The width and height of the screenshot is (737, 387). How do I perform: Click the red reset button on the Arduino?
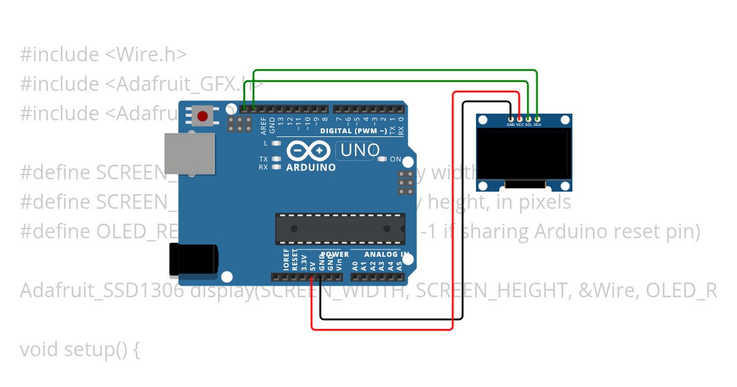tap(203, 115)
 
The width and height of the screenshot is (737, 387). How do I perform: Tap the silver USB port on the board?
tap(189, 155)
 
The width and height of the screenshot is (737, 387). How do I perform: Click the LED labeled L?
tap(276, 143)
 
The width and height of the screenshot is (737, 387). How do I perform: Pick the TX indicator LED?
tap(276, 158)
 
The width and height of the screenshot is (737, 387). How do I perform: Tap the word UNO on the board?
tap(360, 150)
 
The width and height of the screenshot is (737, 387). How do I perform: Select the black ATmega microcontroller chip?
tap(340, 229)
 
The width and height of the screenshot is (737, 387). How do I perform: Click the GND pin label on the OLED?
tap(510, 125)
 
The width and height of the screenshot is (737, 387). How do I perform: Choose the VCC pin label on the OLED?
tap(520, 125)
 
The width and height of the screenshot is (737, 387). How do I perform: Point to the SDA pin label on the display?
tap(537, 125)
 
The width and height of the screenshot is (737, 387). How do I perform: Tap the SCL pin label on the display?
tap(528, 125)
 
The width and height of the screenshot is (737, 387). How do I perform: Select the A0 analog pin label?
tap(355, 266)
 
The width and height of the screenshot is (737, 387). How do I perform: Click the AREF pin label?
tap(263, 125)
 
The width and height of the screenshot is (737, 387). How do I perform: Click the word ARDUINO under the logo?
tap(311, 167)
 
